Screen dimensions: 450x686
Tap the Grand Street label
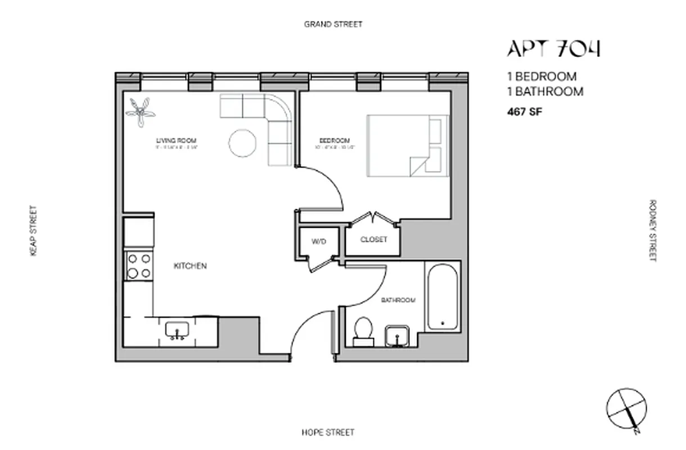[333, 24]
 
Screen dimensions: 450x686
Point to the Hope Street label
[328, 433]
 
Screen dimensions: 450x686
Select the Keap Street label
[33, 231]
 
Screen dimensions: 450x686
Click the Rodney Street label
[652, 231]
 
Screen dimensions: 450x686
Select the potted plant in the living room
[140, 111]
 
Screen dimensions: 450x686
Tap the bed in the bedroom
[408, 146]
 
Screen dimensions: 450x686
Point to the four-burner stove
[139, 266]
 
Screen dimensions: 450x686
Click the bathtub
[443, 296]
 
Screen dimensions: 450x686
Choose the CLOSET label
[374, 240]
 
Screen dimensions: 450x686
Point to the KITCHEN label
[190, 266]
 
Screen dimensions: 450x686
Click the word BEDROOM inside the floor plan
[335, 141]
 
